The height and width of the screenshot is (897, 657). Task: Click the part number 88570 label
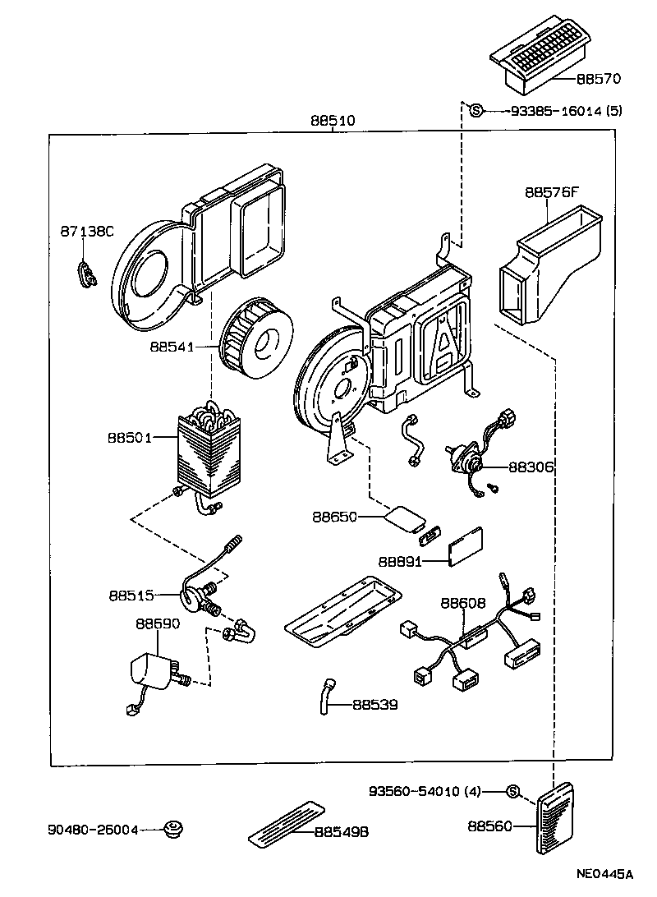[598, 80]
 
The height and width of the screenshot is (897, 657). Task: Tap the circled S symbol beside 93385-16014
[476, 110]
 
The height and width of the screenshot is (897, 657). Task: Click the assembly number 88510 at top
[333, 120]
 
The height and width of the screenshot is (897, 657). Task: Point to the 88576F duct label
[552, 193]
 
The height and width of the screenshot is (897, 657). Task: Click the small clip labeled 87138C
[86, 274]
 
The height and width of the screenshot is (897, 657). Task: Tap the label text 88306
[531, 467]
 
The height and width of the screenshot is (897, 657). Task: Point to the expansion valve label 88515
[131, 593]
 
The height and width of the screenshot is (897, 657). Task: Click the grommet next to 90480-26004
[172, 830]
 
